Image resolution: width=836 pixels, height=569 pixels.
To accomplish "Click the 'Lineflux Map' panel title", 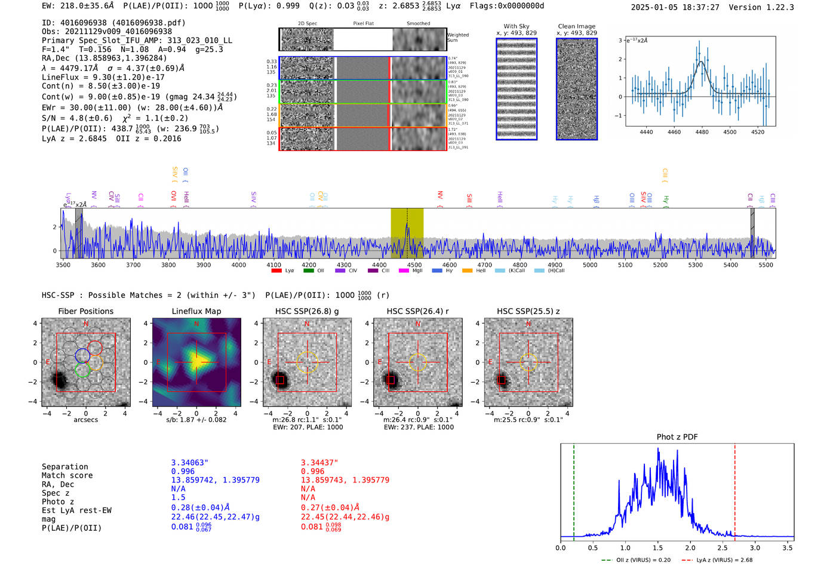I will [196, 311].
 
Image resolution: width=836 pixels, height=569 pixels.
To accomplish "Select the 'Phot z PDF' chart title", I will [677, 436].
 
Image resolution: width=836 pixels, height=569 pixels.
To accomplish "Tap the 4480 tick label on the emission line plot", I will [702, 132].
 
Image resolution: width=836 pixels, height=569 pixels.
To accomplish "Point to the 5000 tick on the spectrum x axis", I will [590, 264].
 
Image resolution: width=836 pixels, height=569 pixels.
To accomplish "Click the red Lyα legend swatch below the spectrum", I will [276, 270].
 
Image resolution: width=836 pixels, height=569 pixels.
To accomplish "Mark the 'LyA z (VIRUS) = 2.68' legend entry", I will [718, 560].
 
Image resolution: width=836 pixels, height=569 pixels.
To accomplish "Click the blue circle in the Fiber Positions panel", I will [82, 356].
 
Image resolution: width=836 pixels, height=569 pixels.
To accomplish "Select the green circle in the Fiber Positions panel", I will [82, 370].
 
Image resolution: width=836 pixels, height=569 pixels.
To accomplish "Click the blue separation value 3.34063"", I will [189, 463].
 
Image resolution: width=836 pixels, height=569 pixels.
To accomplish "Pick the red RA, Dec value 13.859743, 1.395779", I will [345, 480].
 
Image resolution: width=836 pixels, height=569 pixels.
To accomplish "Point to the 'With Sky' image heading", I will [516, 26].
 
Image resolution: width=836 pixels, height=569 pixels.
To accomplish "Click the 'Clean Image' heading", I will [576, 26].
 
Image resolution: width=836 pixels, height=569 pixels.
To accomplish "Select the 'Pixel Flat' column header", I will [363, 24].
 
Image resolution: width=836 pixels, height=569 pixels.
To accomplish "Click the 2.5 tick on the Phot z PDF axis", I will [723, 548].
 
